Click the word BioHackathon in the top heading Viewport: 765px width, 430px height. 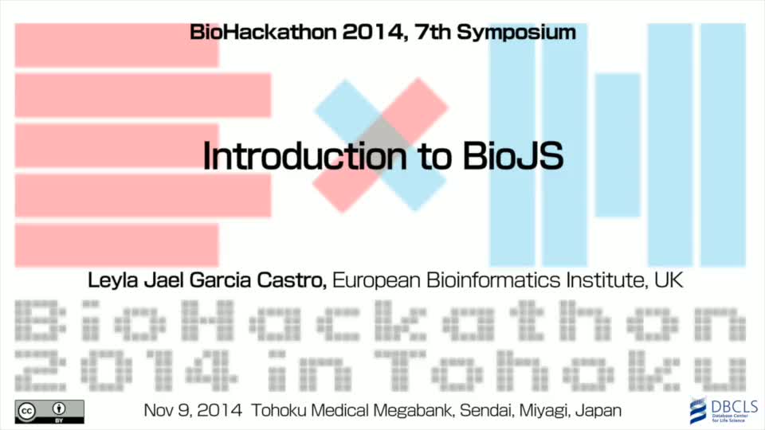point(263,32)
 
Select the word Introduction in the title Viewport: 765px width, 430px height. point(305,156)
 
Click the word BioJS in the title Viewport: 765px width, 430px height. point(512,156)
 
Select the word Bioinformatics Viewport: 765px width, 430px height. point(493,280)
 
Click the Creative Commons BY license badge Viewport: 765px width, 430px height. point(49,412)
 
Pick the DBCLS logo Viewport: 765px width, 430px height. point(723,411)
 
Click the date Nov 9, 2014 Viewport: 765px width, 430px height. point(193,411)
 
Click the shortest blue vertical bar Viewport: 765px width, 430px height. point(618,145)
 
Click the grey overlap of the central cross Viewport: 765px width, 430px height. point(381,144)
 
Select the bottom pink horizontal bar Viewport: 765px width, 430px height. point(116,245)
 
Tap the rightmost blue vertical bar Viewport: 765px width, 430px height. point(723,145)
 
